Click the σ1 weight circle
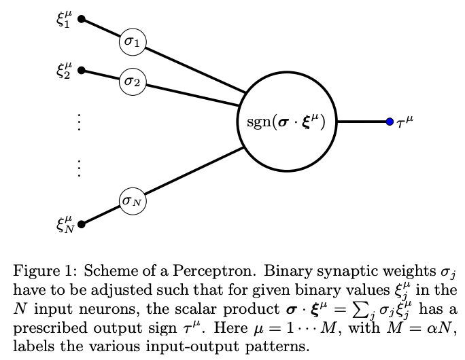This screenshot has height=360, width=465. (x=132, y=43)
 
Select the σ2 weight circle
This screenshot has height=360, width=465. (x=132, y=82)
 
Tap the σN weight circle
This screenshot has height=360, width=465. (x=133, y=200)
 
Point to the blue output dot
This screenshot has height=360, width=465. (x=390, y=122)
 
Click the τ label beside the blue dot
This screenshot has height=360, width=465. (x=404, y=122)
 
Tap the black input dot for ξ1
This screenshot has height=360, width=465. (x=82, y=20)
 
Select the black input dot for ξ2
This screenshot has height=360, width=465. (x=82, y=70)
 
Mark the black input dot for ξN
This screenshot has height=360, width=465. (x=82, y=223)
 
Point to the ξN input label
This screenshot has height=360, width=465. (x=65, y=223)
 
